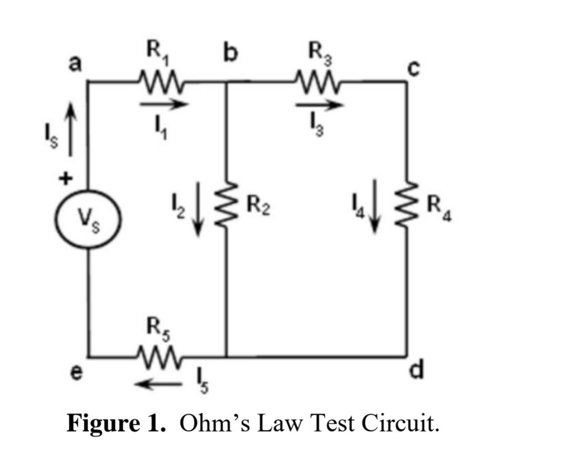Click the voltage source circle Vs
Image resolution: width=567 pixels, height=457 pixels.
click(88, 217)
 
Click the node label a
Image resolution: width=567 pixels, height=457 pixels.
click(76, 65)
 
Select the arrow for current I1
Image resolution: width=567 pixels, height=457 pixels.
click(163, 104)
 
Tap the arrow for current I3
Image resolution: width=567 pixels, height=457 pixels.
click(319, 106)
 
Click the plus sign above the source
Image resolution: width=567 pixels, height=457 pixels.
click(65, 179)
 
